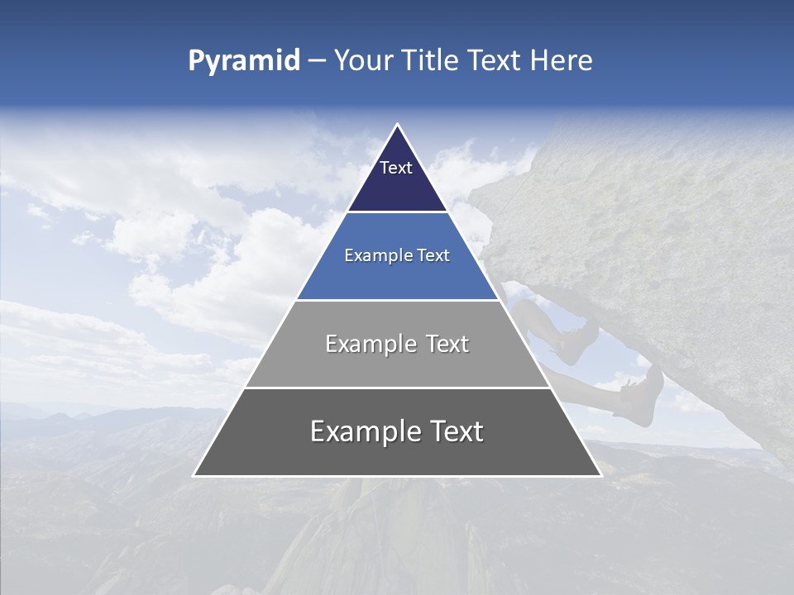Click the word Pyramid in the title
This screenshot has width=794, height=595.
pyautogui.click(x=244, y=61)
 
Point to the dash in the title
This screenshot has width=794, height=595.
pyautogui.click(x=317, y=62)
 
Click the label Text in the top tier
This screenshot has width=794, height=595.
pyautogui.click(x=396, y=168)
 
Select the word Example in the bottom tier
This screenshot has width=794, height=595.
pyautogui.click(x=364, y=431)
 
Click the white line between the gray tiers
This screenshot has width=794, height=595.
pyautogui.click(x=397, y=388)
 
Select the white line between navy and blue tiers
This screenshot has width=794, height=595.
pyautogui.click(x=397, y=212)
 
